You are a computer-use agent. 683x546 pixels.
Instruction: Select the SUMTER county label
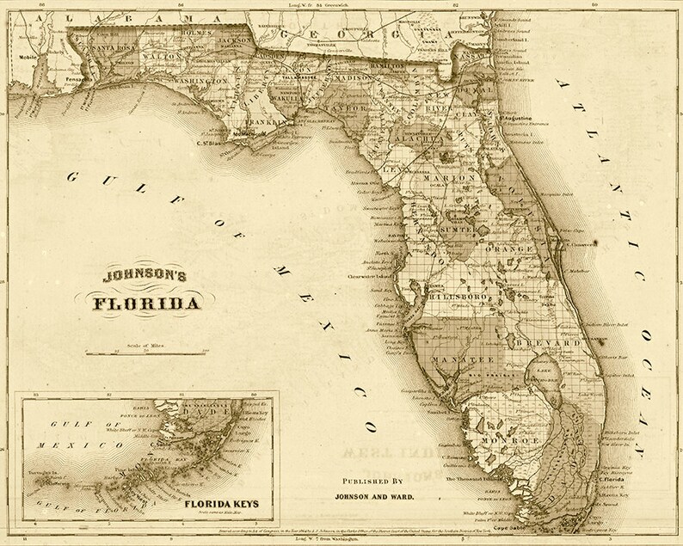click(458, 232)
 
